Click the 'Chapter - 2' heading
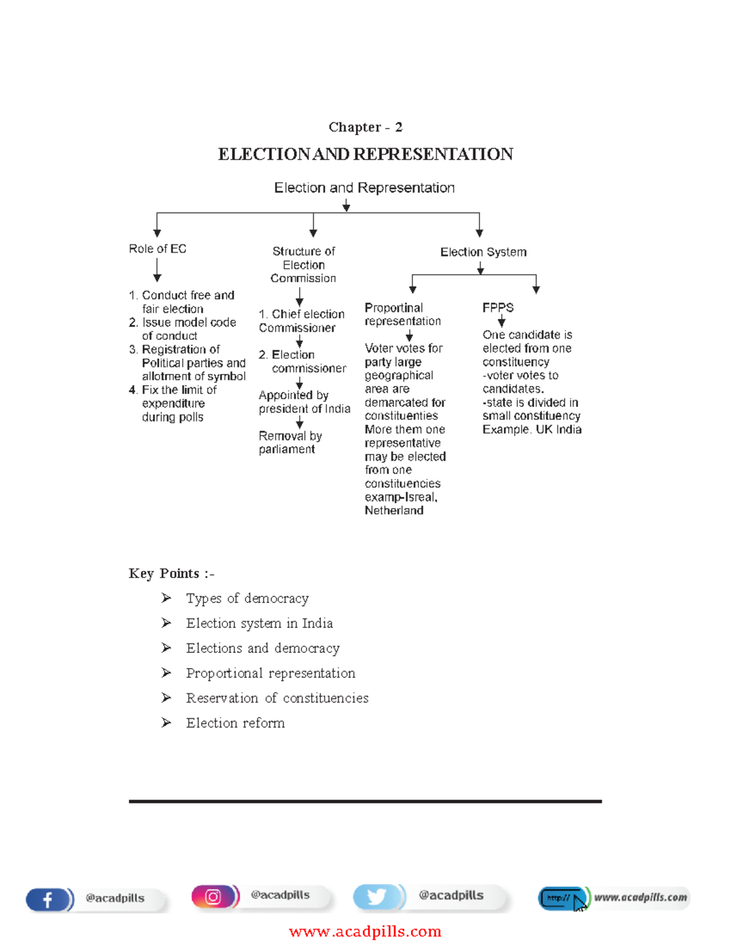click(365, 127)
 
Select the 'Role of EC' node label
click(157, 249)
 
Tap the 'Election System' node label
click(483, 252)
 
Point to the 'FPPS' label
click(498, 308)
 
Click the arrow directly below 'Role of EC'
click(157, 269)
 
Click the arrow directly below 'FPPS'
click(501, 321)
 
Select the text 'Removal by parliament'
click(290, 442)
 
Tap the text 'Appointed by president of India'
click(304, 402)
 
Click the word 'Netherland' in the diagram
click(394, 510)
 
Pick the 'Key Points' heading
click(171, 573)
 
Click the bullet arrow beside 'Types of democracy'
click(166, 598)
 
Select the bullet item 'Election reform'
click(235, 723)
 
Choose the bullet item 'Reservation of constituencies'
click(277, 698)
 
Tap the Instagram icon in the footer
click(213, 897)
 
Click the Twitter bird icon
click(376, 897)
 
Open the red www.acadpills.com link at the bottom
click(365, 931)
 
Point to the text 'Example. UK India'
click(532, 429)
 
